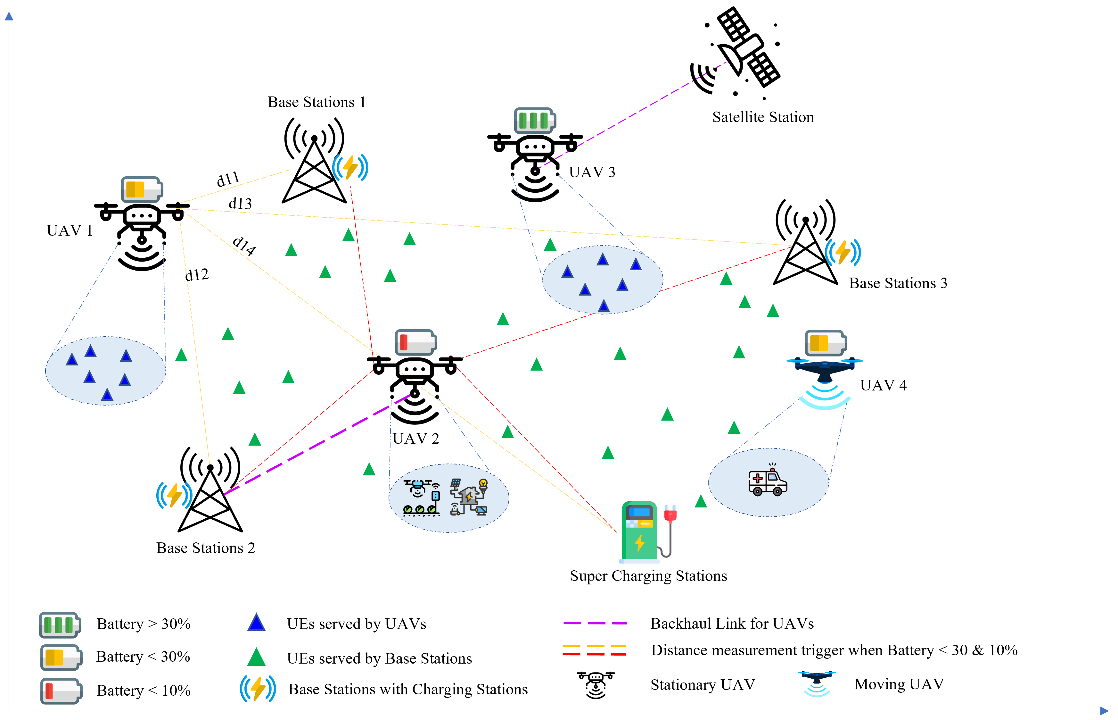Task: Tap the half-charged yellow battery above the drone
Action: (826, 343)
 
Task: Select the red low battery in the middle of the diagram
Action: (416, 342)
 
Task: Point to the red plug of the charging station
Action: (670, 513)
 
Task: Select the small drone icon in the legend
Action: (817, 682)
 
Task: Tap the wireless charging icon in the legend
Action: (258, 688)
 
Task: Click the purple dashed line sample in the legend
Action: (595, 623)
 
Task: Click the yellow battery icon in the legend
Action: (61, 658)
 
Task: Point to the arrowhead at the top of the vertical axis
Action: (9, 16)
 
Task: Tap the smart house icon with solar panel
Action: (469, 497)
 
